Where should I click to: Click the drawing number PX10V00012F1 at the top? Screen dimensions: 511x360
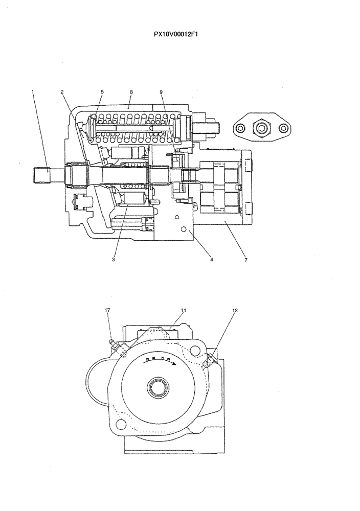179,35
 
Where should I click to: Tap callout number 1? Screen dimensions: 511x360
33,92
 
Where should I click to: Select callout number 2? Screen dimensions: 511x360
62,92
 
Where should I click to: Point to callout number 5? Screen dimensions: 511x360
102,92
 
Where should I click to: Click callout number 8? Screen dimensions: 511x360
131,92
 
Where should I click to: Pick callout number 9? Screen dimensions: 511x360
161,92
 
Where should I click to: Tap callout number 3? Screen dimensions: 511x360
114,260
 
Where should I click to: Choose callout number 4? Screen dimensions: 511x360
211,260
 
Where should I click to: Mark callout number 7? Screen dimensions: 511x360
246,260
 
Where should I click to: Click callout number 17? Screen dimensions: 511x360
107,310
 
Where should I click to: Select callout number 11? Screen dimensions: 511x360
184,310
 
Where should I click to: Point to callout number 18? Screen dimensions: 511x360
235,310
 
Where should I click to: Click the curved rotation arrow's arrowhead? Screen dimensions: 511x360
175,364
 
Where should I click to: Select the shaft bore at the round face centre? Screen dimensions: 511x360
158,387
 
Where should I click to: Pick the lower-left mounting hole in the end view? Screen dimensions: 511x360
121,424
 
